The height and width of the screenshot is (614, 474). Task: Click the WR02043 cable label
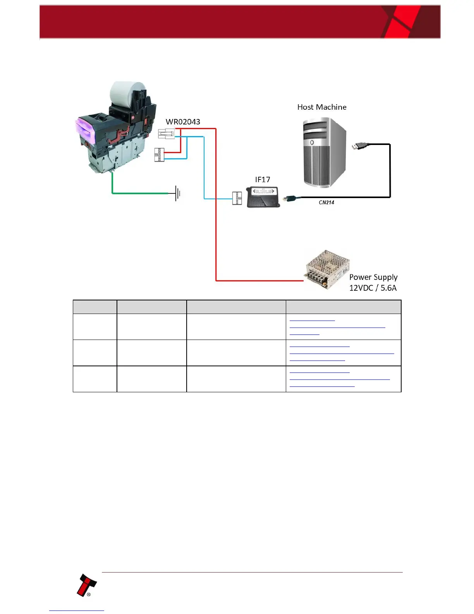pos(183,122)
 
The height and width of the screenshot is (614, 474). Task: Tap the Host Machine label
pos(322,107)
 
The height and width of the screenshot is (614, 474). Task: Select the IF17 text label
pos(263,179)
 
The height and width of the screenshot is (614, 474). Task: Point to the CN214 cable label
pos(326,202)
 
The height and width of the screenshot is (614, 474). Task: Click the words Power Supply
pos(373,277)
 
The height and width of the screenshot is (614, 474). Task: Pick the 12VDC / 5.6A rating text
pos(373,288)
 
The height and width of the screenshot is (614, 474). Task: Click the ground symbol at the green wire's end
pos(177,193)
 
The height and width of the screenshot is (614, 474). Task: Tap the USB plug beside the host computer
pos(360,146)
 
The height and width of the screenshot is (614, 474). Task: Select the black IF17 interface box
pos(263,197)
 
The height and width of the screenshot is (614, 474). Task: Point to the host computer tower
pos(324,153)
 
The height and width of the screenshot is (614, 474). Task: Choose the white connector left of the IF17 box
pos(237,198)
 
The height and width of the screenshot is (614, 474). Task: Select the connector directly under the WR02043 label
pos(166,134)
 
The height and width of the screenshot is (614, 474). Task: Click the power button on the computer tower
pos(312,143)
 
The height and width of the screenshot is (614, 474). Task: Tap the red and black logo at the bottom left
pos(86,585)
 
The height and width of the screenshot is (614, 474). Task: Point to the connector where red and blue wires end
pos(159,155)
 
